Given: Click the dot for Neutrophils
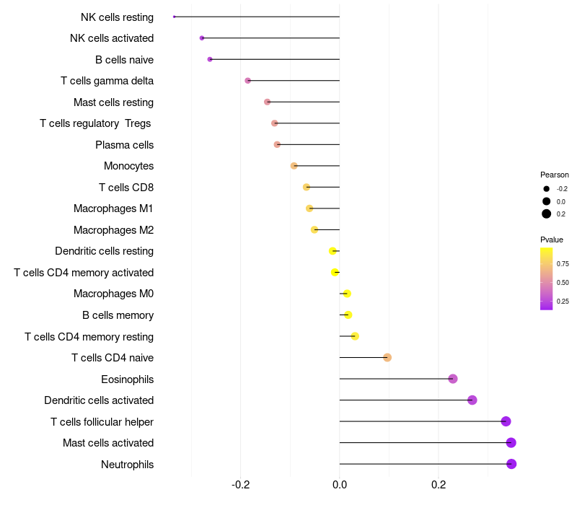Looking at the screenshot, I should click(511, 464).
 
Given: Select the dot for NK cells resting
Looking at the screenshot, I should click(175, 17).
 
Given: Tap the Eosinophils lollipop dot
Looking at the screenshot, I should click(453, 379).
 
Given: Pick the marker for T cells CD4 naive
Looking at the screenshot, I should click(387, 358).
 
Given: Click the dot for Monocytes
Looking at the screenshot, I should click(294, 166).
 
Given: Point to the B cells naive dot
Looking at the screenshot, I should click(210, 59).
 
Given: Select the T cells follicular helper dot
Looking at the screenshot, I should click(506, 421).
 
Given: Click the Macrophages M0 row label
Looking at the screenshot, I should click(113, 294).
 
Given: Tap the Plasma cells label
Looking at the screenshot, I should click(124, 145).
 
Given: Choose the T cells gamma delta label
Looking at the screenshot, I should click(107, 81).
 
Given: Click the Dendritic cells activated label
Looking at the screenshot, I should click(99, 400).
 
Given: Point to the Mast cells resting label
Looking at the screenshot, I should click(113, 102).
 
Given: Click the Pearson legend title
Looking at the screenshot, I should click(555, 175).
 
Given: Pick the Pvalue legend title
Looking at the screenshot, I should click(552, 240).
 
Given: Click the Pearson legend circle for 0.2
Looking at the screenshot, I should click(547, 214).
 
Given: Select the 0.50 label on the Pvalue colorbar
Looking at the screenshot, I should click(563, 283).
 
